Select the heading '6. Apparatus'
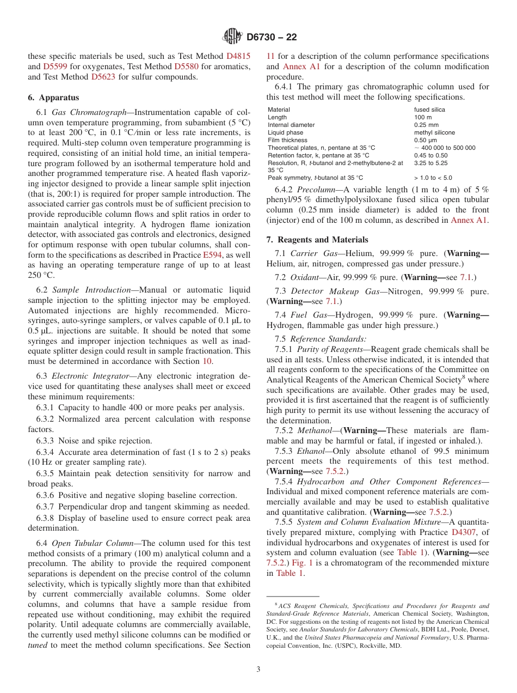pos(53,98)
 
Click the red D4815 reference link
pos(238,56)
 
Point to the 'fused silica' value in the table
pos(429,110)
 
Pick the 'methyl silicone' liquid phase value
pos(434,132)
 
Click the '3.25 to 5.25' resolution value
pos(430,163)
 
